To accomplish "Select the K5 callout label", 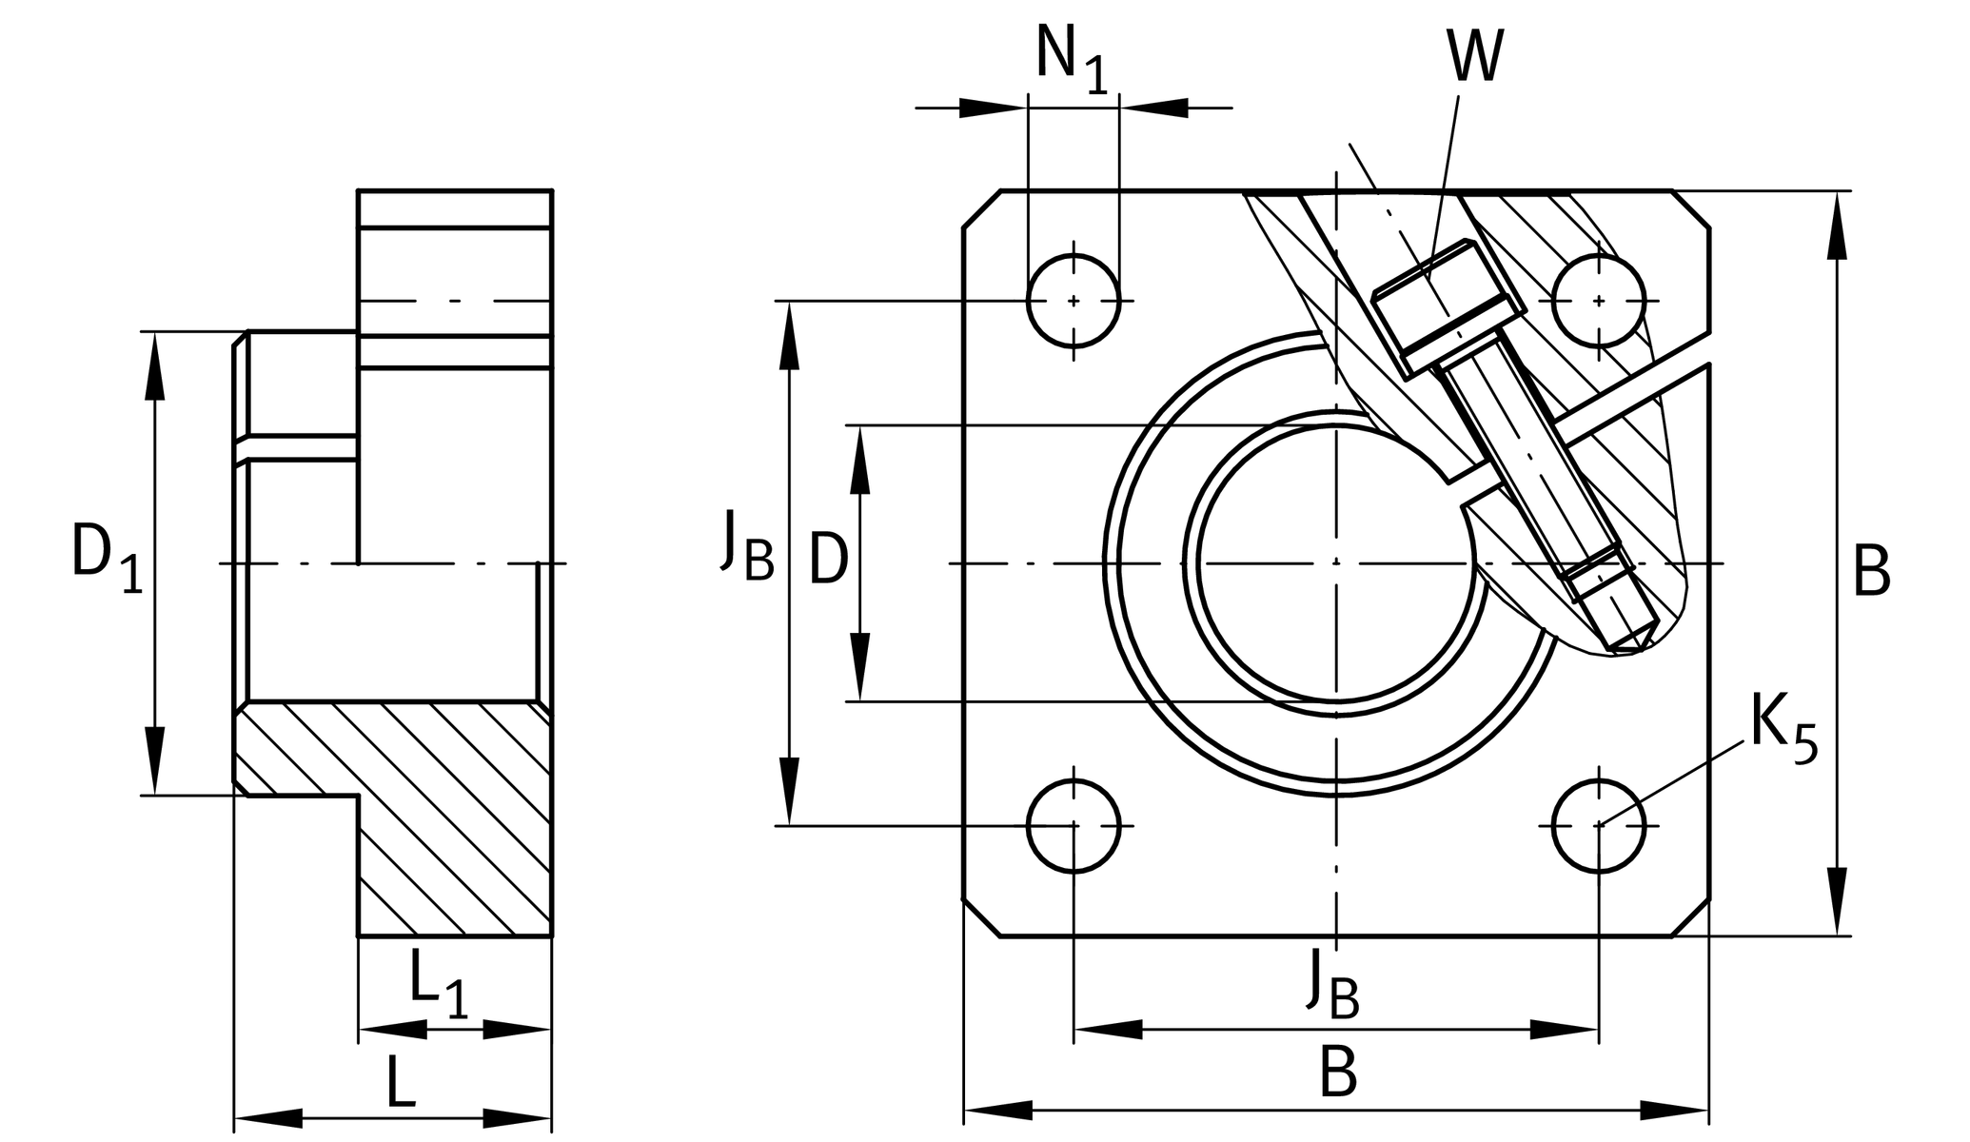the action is [x=1783, y=730].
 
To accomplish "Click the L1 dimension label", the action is [x=439, y=984].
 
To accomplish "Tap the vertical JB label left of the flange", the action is [x=747, y=545].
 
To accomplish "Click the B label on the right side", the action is [x=1871, y=572].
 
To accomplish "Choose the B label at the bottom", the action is [x=1337, y=1073].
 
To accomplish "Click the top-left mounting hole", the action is [x=1074, y=301].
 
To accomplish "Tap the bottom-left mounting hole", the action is [x=1074, y=826].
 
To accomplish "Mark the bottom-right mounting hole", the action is [x=1599, y=826].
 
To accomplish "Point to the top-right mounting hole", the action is [x=1599, y=301].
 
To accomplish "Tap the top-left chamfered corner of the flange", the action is [x=981, y=209].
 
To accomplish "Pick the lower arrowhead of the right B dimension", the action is [x=1838, y=900].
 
